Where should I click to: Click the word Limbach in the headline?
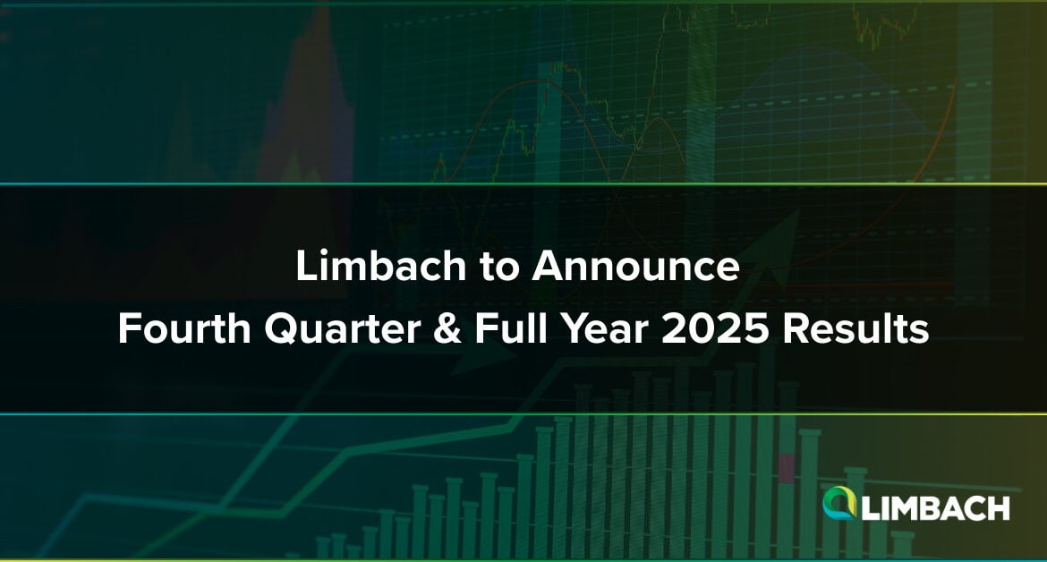(380, 266)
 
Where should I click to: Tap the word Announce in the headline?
(635, 266)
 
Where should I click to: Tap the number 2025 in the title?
(714, 328)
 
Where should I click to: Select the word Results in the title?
(855, 328)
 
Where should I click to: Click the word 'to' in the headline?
(498, 267)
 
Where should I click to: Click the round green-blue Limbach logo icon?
(839, 503)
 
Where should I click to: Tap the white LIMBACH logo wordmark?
(935, 508)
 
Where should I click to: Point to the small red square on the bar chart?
(787, 468)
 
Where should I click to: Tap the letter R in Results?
(795, 328)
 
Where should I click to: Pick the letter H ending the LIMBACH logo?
(999, 508)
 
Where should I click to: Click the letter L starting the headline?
(305, 266)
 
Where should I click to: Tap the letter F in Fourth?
(128, 328)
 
